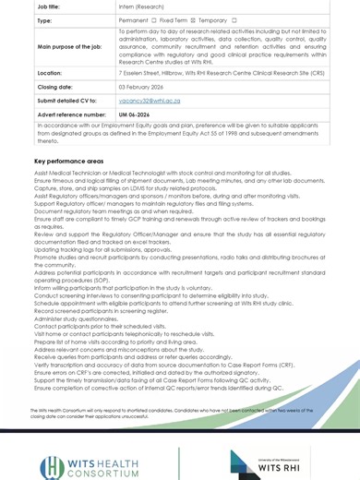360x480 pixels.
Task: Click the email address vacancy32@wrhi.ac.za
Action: click(150, 101)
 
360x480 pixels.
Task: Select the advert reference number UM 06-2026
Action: click(134, 114)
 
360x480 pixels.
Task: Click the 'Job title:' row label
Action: click(49, 6)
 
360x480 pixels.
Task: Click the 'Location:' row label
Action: click(49, 72)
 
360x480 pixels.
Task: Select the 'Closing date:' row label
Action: click(54, 86)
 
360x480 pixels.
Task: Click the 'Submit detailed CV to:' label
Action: click(66, 101)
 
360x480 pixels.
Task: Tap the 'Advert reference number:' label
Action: click(71, 114)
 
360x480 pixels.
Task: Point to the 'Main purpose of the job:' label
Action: click(69, 45)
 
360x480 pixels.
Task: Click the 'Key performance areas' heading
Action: click(69, 162)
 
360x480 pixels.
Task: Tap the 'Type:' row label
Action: click(44, 19)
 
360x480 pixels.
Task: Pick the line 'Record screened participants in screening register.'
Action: click(102, 311)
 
